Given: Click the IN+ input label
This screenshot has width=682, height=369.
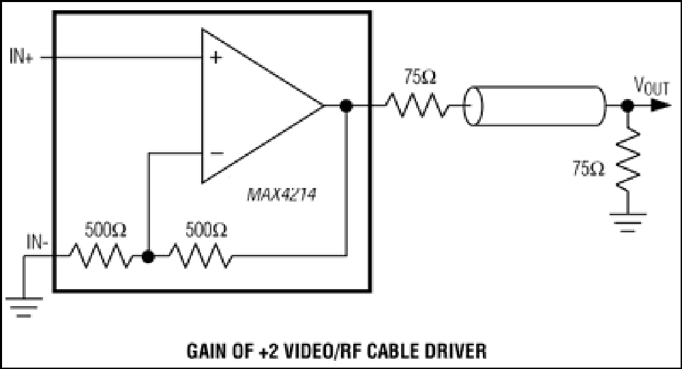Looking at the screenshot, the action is coord(21,57).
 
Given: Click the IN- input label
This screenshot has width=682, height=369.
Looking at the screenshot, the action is coord(38,242).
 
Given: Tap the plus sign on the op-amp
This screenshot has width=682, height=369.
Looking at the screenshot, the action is coord(216,57).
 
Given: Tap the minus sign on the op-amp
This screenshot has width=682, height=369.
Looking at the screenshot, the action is coord(217,153).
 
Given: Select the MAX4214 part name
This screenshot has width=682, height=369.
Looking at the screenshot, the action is coord(282,194).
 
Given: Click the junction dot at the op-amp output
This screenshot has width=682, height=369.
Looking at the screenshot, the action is coord(346,105).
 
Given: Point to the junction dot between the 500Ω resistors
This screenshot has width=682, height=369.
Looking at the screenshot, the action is coord(148,257).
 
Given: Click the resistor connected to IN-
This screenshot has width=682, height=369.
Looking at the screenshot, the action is coord(102,256).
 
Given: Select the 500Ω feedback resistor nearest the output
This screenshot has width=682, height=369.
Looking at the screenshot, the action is coord(201,256).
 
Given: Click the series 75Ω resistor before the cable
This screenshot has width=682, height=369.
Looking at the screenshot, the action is coord(416,105).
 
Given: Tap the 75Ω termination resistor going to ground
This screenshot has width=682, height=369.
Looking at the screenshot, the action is coord(627,160).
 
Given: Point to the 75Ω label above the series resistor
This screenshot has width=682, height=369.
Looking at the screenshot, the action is coord(419,77).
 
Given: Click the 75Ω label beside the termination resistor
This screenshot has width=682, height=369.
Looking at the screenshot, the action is coord(588,169).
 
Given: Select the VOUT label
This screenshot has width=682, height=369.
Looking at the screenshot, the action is coord(651,85).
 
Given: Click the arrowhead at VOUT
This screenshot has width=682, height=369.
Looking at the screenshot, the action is coord(661,105).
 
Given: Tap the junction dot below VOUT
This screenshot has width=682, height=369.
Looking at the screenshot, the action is coord(627,105).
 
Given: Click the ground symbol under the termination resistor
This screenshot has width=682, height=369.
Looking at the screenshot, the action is coord(627,222).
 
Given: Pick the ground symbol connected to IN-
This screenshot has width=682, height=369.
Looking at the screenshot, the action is coord(24,307).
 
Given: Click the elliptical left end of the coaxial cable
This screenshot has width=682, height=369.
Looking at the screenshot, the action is coord(473,106).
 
